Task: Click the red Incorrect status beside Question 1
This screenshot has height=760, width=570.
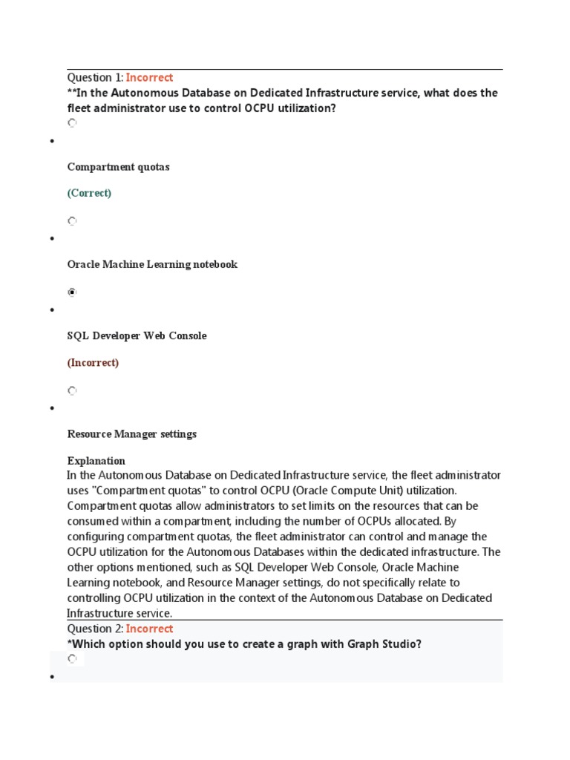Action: tap(149, 77)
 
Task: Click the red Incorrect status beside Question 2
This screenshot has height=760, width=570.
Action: tap(149, 629)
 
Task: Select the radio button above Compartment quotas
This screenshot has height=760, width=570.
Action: tap(72, 123)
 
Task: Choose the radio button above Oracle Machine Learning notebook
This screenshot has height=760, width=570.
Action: tap(72, 221)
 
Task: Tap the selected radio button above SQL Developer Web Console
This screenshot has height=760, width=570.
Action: tap(72, 292)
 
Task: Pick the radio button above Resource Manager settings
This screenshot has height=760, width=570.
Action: tap(72, 390)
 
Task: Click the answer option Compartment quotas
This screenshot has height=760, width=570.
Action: tap(118, 167)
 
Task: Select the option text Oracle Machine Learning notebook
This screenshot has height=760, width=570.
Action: tap(152, 265)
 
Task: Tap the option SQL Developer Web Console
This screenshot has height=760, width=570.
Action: tap(137, 336)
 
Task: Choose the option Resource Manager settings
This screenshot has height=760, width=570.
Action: tap(131, 434)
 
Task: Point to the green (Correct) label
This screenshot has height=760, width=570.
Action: tap(89, 193)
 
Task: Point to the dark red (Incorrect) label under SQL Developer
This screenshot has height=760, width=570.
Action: tap(93, 363)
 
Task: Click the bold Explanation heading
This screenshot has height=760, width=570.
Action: tap(96, 461)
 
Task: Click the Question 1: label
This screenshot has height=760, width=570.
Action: tap(95, 77)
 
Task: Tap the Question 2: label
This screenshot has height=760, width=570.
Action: tap(95, 629)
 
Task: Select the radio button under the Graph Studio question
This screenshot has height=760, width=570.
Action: tap(72, 659)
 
